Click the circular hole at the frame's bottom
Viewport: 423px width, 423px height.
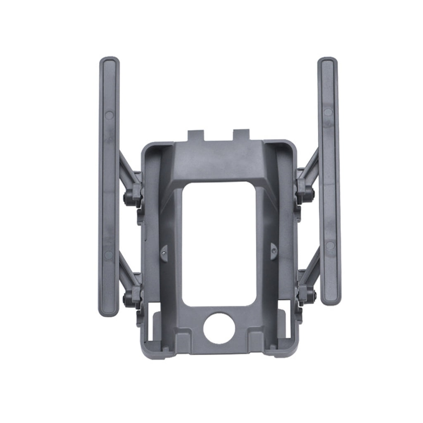coord(219,328)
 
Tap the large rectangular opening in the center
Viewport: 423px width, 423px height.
coord(219,244)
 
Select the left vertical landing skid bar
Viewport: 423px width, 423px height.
coord(109,186)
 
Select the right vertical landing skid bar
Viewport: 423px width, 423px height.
coord(329,182)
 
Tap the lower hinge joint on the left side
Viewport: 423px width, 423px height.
coord(132,295)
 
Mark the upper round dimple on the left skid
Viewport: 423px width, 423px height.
coord(109,115)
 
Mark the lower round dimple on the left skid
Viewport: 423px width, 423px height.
coord(109,255)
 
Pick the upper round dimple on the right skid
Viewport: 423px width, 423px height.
coord(328,112)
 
